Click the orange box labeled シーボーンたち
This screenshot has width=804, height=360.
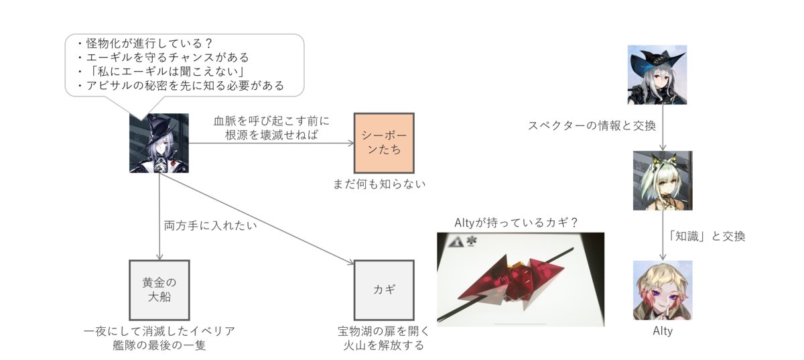pos(383,143)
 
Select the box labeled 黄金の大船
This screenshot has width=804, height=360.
pos(159,289)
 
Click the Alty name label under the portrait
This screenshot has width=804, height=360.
pos(662,331)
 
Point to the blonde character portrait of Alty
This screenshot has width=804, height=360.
pos(662,290)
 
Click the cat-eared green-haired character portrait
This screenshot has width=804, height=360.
pos(662,180)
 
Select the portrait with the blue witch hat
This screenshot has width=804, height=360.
pos(657,74)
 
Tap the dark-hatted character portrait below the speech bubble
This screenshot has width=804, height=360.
pos(159,142)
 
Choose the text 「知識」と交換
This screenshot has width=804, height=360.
pos(707,236)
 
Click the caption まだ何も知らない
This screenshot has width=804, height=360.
pos(379,184)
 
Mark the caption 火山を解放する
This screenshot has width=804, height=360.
pos(383,345)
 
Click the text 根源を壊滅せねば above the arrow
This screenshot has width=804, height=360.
pos(271,134)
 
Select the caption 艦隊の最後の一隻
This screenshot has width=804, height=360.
pos(159,345)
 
